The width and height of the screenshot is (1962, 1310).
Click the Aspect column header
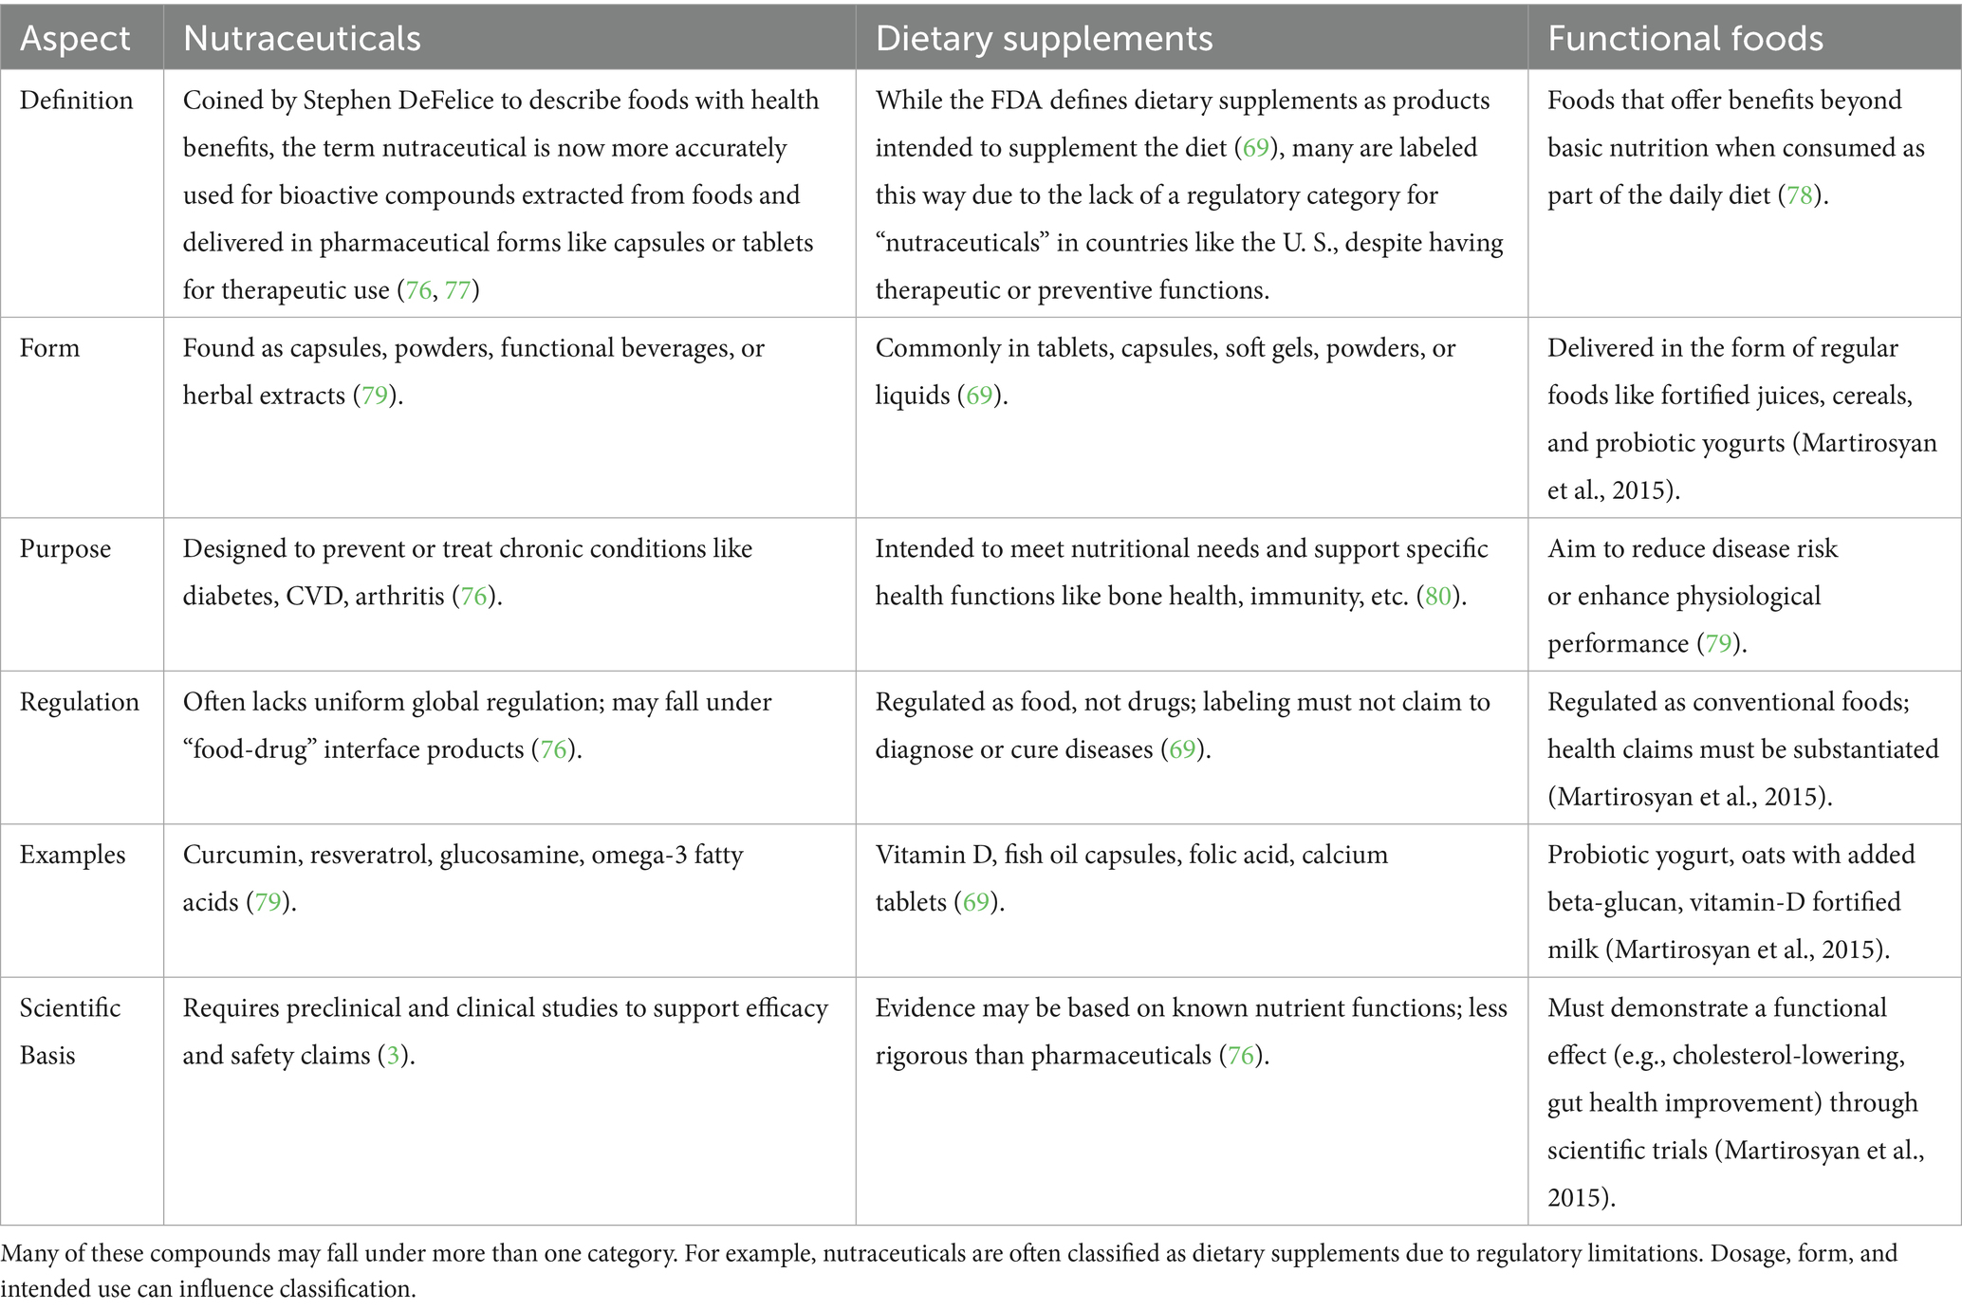[x=75, y=39]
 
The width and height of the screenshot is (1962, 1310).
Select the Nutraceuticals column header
[x=302, y=39]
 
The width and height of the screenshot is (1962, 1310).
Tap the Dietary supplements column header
[x=1044, y=39]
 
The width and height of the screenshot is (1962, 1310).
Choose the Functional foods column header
[x=1685, y=39]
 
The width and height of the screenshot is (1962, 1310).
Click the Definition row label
[x=76, y=101]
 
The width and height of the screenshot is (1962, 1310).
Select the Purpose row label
[x=65, y=549]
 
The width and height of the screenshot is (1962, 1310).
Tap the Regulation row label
[x=79, y=702]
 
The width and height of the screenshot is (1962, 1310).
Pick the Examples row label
[x=72, y=855]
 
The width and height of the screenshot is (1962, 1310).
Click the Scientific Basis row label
[x=69, y=1031]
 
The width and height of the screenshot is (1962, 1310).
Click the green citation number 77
[x=457, y=290]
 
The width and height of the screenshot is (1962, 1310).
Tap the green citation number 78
[x=1799, y=195]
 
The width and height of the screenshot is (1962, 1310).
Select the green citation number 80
[x=1438, y=597]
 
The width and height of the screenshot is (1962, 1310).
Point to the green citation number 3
[x=393, y=1056]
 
